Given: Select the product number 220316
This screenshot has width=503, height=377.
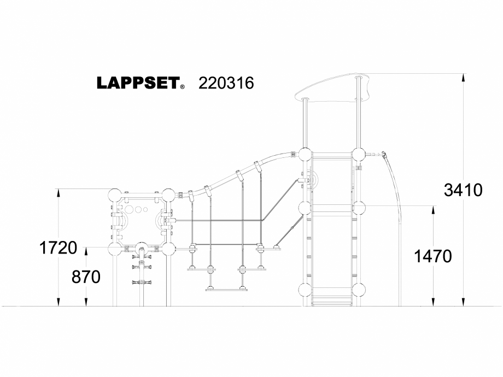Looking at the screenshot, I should click(x=226, y=83).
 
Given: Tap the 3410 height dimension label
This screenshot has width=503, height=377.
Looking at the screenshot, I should click(x=463, y=190).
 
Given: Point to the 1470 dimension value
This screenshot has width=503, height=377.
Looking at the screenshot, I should click(x=433, y=256).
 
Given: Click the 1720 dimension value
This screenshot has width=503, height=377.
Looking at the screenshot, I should click(x=57, y=248).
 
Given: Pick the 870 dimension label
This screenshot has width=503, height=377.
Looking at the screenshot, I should click(x=86, y=278).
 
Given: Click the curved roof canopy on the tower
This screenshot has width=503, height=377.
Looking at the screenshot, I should click(x=334, y=90).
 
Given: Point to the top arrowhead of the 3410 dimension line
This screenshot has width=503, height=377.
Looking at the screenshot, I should click(x=464, y=77).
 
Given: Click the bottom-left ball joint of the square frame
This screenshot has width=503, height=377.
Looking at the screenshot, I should click(x=115, y=250).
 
